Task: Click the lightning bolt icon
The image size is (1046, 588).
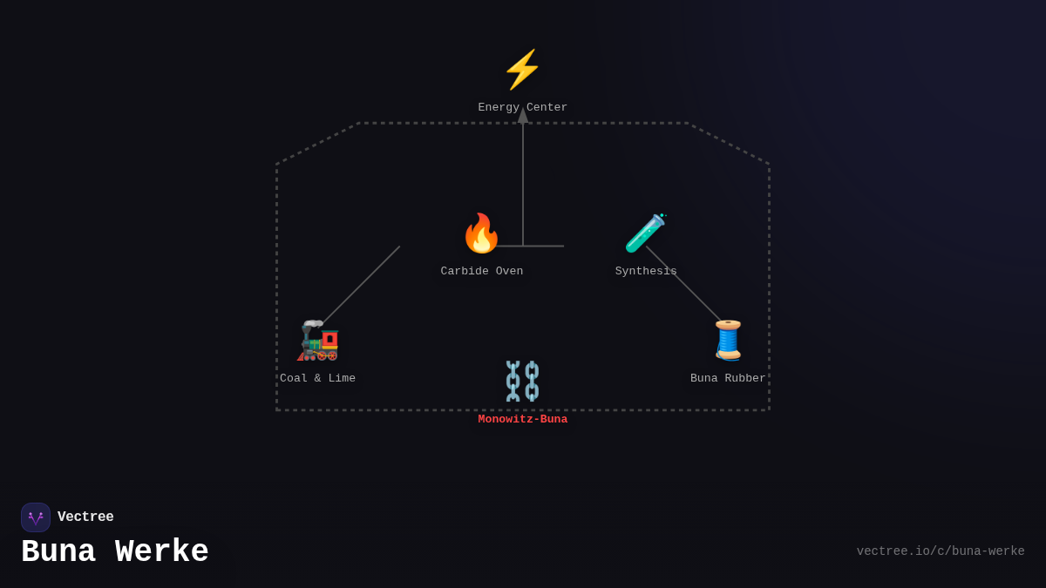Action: point(522,70)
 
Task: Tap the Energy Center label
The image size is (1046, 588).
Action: point(522,107)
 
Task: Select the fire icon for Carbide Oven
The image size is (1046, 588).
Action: point(481,233)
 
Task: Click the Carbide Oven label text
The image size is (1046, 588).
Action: point(482,271)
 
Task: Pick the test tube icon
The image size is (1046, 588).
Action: point(645,233)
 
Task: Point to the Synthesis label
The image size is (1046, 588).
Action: point(646,271)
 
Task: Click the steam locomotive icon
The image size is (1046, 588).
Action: point(318,341)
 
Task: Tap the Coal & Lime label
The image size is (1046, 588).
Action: point(317,378)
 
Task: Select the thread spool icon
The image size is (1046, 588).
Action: point(728,340)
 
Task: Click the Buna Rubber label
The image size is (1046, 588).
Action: point(728,378)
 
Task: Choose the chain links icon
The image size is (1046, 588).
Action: point(522,381)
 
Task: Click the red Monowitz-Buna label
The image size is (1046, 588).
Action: point(522,419)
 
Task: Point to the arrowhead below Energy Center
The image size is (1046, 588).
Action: point(523,115)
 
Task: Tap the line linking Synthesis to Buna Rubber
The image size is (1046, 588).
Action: point(683,283)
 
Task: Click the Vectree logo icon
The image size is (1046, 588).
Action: point(36,517)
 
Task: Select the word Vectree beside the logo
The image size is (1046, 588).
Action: point(85,517)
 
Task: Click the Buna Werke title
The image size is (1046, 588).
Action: point(115,552)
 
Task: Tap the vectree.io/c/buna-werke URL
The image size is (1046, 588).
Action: point(940,551)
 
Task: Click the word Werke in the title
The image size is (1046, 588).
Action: point(162,552)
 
